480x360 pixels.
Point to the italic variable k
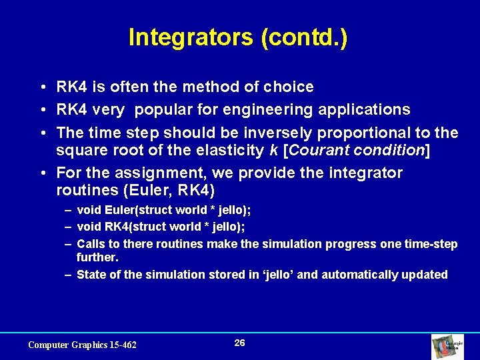(273, 151)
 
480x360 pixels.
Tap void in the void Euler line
(90, 210)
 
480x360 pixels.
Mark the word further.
(97, 257)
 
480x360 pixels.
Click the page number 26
(240, 343)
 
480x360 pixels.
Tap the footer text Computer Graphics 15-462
(82, 345)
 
